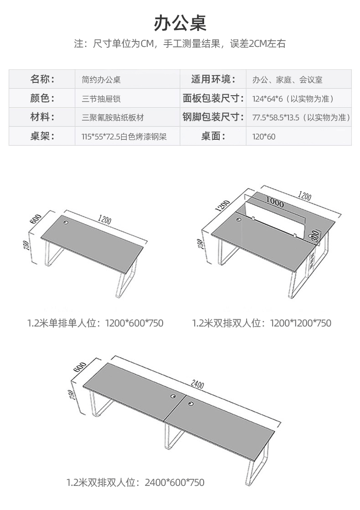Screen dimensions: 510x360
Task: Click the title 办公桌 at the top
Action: click(x=180, y=22)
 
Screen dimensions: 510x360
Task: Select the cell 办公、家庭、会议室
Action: click(x=287, y=80)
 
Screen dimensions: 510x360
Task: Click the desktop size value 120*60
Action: click(x=264, y=136)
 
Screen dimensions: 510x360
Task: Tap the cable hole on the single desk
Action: click(x=67, y=223)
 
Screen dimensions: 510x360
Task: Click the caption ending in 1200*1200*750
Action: click(x=262, y=323)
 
